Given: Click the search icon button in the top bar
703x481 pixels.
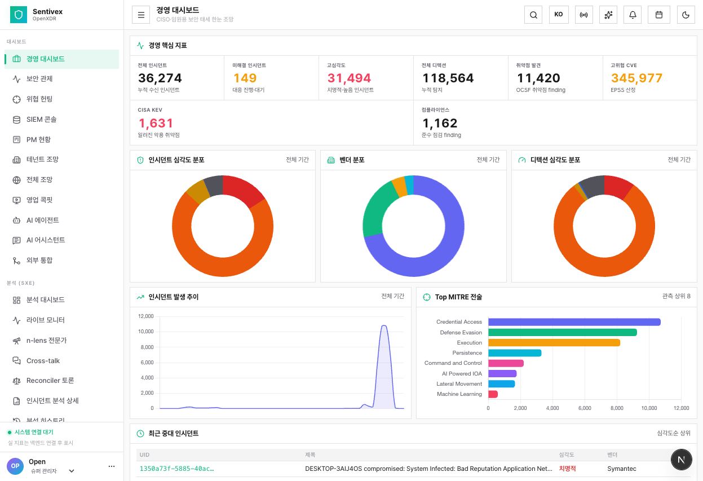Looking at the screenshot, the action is pyautogui.click(x=533, y=15).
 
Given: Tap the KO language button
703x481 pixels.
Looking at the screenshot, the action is pyautogui.click(x=559, y=15).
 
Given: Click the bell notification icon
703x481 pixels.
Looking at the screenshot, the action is pyautogui.click(x=633, y=15).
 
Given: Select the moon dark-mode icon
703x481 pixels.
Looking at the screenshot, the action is pyautogui.click(x=686, y=15).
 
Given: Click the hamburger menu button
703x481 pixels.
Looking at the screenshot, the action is pyautogui.click(x=141, y=15).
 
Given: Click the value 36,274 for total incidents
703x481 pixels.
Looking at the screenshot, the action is pyautogui.click(x=160, y=78).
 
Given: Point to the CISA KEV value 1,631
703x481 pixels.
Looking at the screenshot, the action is pyautogui.click(x=156, y=123).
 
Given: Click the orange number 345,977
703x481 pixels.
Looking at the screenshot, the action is pyautogui.click(x=636, y=78).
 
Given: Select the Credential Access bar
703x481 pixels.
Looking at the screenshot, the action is pyautogui.click(x=574, y=322).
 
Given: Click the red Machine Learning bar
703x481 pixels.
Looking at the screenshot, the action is pyautogui.click(x=493, y=394).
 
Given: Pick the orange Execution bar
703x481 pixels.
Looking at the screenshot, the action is pyautogui.click(x=554, y=342).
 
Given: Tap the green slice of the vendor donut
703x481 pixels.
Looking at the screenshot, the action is pyautogui.click(x=377, y=207).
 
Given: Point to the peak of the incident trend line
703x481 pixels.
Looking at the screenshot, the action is pyautogui.click(x=384, y=325).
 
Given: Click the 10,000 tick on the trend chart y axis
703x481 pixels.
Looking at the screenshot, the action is pyautogui.click(x=146, y=332).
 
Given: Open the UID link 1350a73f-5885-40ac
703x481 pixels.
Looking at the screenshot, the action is pyautogui.click(x=176, y=469).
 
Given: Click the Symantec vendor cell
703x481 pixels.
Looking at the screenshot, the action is pyautogui.click(x=621, y=469).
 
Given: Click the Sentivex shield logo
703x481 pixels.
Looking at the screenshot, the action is pyautogui.click(x=19, y=15).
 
